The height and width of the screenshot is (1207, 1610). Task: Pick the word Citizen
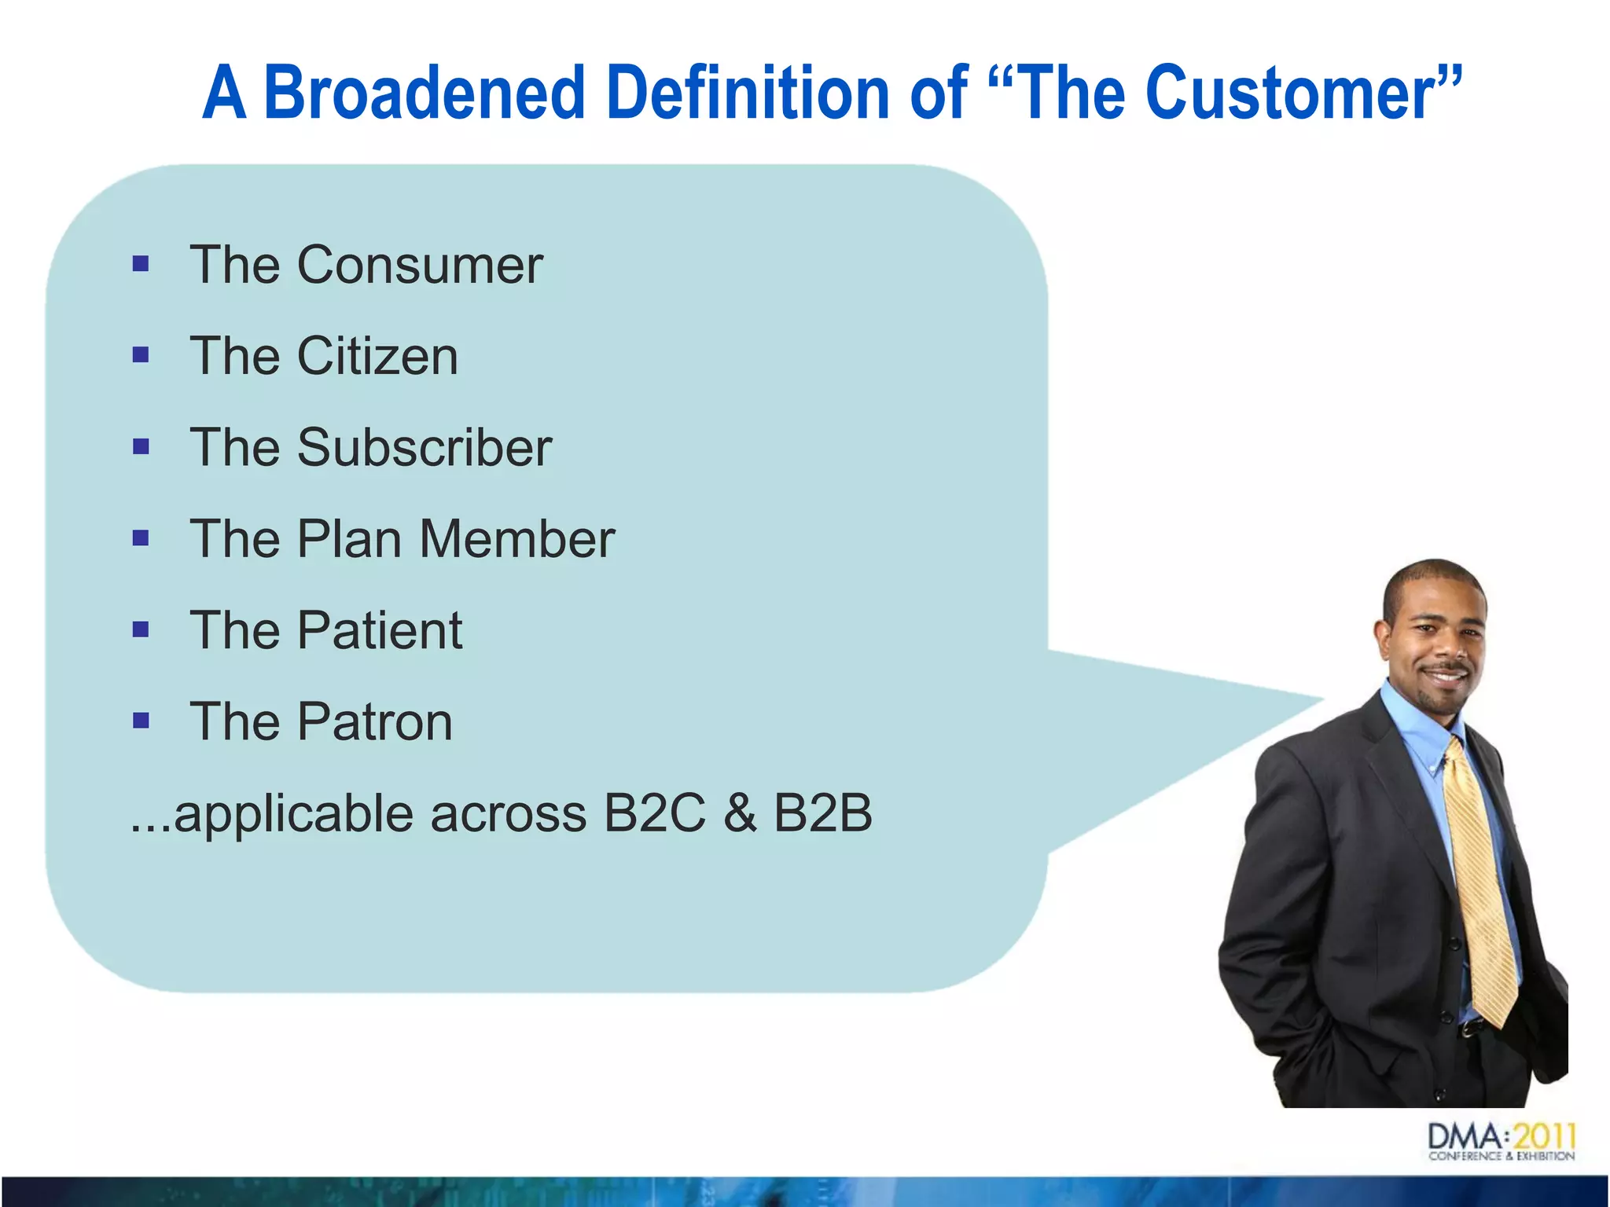point(377,357)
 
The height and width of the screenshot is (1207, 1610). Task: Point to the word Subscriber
point(425,448)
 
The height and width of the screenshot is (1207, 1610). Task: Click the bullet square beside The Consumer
point(141,263)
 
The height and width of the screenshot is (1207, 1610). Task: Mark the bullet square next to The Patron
point(141,721)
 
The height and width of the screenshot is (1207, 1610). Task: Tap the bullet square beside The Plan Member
point(141,538)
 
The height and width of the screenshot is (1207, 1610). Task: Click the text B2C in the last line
point(654,813)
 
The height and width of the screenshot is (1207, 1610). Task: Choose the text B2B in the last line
point(822,813)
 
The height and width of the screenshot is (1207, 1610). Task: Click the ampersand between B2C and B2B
point(739,813)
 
